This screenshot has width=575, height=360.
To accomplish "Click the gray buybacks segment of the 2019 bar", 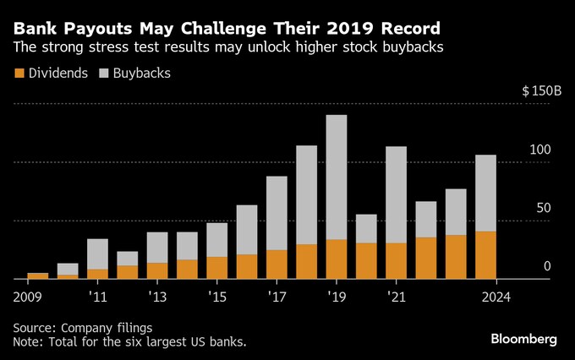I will (x=337, y=177).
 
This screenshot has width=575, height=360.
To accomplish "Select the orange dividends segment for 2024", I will (x=485, y=254).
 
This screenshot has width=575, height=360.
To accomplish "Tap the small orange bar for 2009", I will (x=38, y=275).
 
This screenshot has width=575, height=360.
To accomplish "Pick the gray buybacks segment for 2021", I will (x=396, y=194).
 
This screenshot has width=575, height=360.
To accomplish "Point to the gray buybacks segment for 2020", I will (x=366, y=228).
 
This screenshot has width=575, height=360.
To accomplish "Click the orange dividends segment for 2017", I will (x=277, y=264).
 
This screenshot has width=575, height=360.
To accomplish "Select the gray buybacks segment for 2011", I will (x=97, y=254).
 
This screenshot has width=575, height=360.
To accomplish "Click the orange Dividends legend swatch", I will (x=19, y=74).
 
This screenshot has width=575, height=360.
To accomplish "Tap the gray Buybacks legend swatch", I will (x=105, y=74).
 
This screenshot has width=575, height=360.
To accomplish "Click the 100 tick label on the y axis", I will (x=540, y=150).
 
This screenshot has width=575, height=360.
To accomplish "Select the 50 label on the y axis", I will (x=545, y=208).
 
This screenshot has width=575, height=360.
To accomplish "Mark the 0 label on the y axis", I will (x=547, y=266).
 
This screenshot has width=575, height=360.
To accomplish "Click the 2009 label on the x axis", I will (x=28, y=297).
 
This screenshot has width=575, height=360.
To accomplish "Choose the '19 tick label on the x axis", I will (x=337, y=297).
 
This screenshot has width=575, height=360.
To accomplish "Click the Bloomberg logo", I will (x=523, y=339).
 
